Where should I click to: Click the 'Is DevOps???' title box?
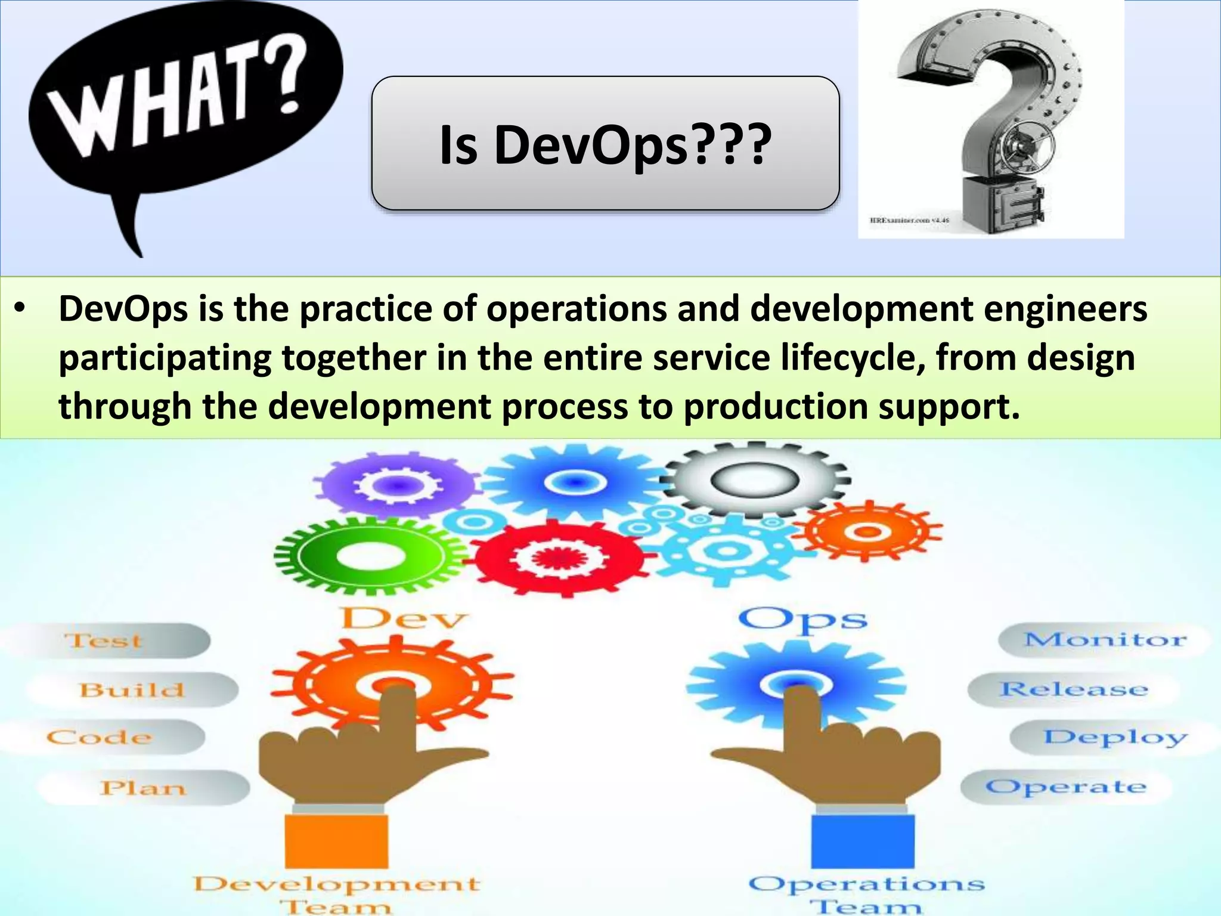click(x=605, y=143)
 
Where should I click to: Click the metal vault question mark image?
click(x=991, y=119)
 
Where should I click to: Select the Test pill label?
click(x=104, y=641)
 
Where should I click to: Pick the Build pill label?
click(x=132, y=690)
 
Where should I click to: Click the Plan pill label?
click(x=143, y=788)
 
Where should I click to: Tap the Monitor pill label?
click(x=1105, y=640)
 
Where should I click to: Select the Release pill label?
click(x=1074, y=689)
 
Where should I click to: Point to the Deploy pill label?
click(x=1115, y=738)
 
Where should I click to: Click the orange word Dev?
click(x=403, y=618)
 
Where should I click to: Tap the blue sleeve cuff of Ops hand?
click(x=863, y=841)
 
